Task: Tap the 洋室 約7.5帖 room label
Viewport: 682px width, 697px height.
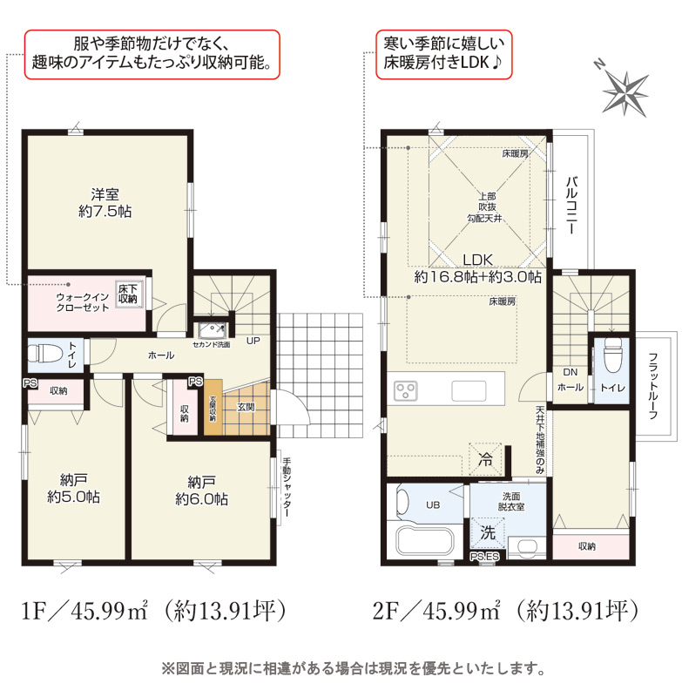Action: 105,203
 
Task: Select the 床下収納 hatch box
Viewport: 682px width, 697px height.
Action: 128,294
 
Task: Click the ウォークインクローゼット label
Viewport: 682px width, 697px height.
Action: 83,302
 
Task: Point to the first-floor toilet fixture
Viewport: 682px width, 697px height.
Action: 38,354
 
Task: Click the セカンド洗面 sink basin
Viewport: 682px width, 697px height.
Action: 213,329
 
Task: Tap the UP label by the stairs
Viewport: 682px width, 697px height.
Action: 253,341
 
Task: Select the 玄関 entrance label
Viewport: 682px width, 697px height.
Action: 246,407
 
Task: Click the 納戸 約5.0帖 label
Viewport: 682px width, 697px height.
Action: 74,488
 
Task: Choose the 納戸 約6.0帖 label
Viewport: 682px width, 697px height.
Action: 202,491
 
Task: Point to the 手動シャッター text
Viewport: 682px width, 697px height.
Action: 287,487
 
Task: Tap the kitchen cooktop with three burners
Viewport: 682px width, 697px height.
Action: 406,390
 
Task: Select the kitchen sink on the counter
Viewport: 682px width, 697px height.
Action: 469,391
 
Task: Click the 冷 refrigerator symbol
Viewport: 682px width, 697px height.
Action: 485,459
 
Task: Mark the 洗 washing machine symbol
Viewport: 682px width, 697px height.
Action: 488,533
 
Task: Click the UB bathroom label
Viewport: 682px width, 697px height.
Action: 433,505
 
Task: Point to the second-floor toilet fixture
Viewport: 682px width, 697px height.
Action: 612,354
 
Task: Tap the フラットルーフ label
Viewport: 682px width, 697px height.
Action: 652,386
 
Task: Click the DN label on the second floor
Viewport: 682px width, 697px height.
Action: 570,372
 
